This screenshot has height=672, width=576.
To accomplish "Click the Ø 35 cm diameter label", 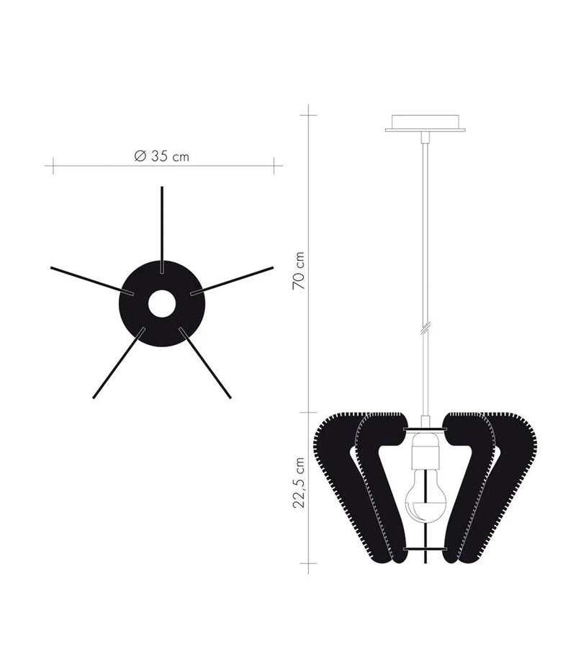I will [x=161, y=156].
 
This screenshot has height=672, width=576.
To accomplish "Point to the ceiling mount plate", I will [x=425, y=123].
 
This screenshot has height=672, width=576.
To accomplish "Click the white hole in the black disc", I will [x=162, y=304].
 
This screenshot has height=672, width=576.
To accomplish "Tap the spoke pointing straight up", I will [x=162, y=223].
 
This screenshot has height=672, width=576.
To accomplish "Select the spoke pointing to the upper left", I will [x=86, y=279].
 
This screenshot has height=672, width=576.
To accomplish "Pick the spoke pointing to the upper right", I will [x=238, y=279].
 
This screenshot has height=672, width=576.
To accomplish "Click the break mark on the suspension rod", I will [x=426, y=328].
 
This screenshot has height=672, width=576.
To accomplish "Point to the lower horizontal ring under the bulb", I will [x=425, y=549].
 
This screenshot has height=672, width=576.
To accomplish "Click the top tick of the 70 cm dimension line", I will [x=309, y=114].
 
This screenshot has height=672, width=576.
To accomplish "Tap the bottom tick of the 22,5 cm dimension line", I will [x=309, y=562].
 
